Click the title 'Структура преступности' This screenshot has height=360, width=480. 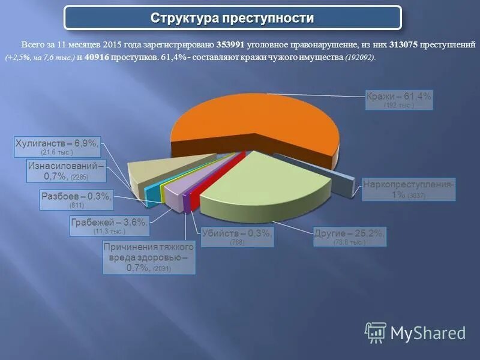coord(232,18)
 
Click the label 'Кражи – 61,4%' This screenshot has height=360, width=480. coord(398,96)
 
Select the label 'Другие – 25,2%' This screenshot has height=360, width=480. coord(349,233)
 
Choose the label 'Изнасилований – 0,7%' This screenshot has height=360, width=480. coord(66,171)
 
